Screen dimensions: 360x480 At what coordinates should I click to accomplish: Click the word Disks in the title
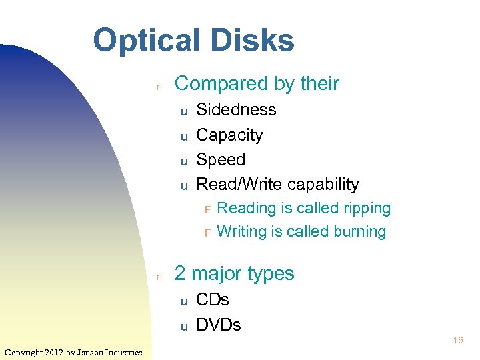click(x=254, y=40)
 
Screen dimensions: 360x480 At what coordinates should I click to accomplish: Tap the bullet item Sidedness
click(x=236, y=109)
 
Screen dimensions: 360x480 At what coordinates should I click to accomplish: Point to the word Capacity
click(x=229, y=135)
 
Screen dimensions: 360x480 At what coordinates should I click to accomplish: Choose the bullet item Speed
click(x=221, y=160)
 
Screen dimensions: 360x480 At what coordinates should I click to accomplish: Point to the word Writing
click(x=243, y=232)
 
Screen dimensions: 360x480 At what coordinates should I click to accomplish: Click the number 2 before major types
click(x=180, y=274)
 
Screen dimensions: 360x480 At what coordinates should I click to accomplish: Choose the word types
click(x=270, y=275)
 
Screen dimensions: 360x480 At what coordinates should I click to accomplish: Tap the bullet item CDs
click(x=213, y=300)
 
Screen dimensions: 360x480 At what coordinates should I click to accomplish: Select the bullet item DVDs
click(x=219, y=325)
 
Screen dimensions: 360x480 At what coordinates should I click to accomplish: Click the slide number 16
click(x=458, y=341)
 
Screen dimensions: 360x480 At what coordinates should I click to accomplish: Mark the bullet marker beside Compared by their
click(x=159, y=86)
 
